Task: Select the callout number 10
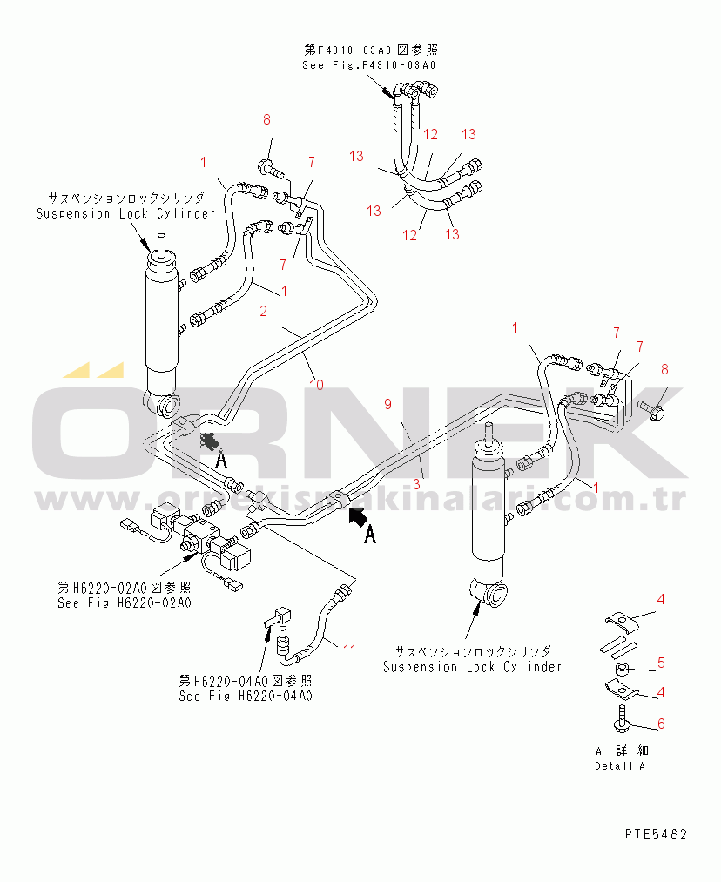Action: [x=316, y=384]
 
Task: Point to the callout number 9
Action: [x=388, y=403]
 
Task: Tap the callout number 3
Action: [x=417, y=483]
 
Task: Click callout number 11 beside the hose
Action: [x=349, y=649]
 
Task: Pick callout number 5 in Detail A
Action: [x=661, y=663]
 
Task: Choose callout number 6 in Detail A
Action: [x=661, y=724]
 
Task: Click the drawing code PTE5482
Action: [x=656, y=834]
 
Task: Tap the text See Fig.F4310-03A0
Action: [x=368, y=65]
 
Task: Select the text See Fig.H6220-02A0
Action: [x=125, y=602]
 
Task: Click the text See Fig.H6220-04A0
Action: [x=246, y=696]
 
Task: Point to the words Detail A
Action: [x=620, y=766]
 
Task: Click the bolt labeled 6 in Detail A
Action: [x=625, y=718]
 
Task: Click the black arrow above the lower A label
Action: [x=357, y=518]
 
